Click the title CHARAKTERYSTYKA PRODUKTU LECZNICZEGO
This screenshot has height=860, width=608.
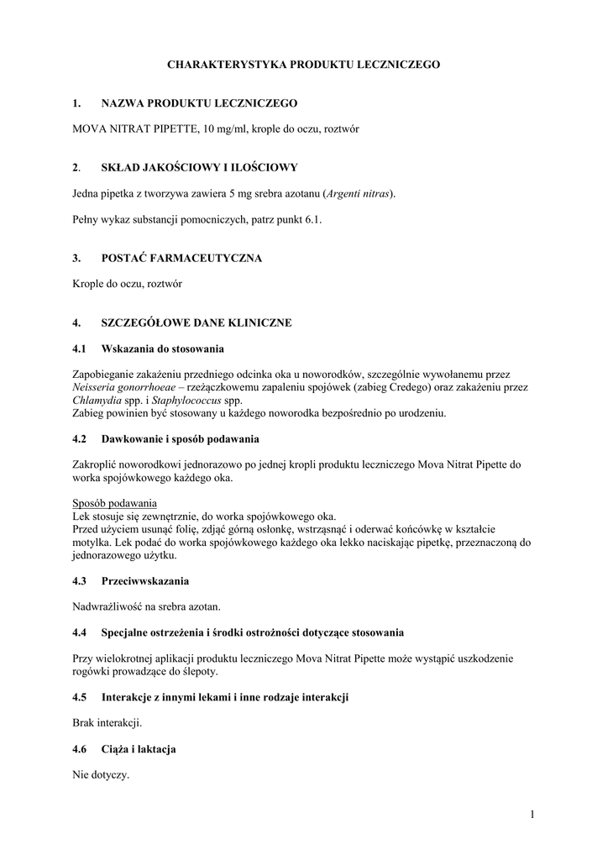pos(303,64)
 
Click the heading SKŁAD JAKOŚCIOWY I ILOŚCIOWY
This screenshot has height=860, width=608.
pos(199,167)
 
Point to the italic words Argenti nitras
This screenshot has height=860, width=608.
pos(359,193)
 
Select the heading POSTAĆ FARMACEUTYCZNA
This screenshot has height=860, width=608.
pos(181,258)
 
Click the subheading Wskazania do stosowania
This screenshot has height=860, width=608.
pos(163,348)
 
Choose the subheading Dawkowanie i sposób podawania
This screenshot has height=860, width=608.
pos(180,438)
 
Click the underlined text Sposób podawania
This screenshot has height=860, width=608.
pos(109,503)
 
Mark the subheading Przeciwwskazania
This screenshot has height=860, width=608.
pos(144,580)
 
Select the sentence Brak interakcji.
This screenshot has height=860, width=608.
pos(107,722)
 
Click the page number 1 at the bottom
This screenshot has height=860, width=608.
pos(532,813)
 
